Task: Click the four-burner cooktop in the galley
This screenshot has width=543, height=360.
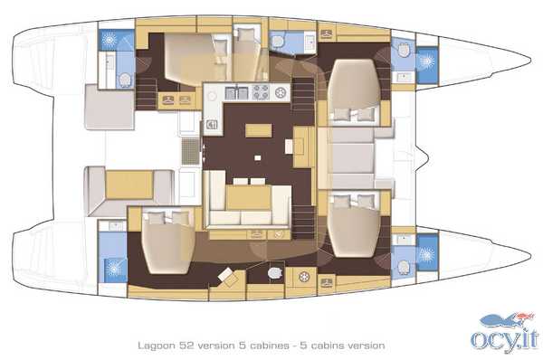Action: [x=261, y=92]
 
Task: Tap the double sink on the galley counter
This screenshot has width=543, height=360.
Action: [x=236, y=92]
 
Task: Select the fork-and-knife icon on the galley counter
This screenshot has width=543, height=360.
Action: [x=212, y=124]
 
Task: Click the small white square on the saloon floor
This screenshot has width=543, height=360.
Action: [x=257, y=158]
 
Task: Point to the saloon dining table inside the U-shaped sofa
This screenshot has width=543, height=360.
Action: [x=248, y=197]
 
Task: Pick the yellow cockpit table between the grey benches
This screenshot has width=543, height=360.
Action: [x=129, y=185]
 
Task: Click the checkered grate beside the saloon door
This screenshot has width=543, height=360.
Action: [x=190, y=151]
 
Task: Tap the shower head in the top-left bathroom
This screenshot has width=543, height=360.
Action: [x=110, y=40]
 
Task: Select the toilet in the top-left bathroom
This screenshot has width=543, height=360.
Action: [x=125, y=80]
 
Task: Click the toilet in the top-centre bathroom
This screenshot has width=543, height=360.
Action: [x=277, y=42]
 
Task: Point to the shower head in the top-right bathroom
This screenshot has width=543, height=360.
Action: [x=426, y=62]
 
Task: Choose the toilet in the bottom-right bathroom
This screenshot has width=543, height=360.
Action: [x=404, y=267]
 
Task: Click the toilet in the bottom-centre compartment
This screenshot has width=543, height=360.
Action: [x=274, y=273]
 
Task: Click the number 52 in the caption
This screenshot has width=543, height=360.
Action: [x=186, y=346]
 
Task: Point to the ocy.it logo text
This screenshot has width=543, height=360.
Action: [x=505, y=339]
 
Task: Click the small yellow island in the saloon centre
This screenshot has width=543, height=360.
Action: [x=258, y=131]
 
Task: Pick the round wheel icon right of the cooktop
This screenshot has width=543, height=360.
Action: [x=280, y=92]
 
